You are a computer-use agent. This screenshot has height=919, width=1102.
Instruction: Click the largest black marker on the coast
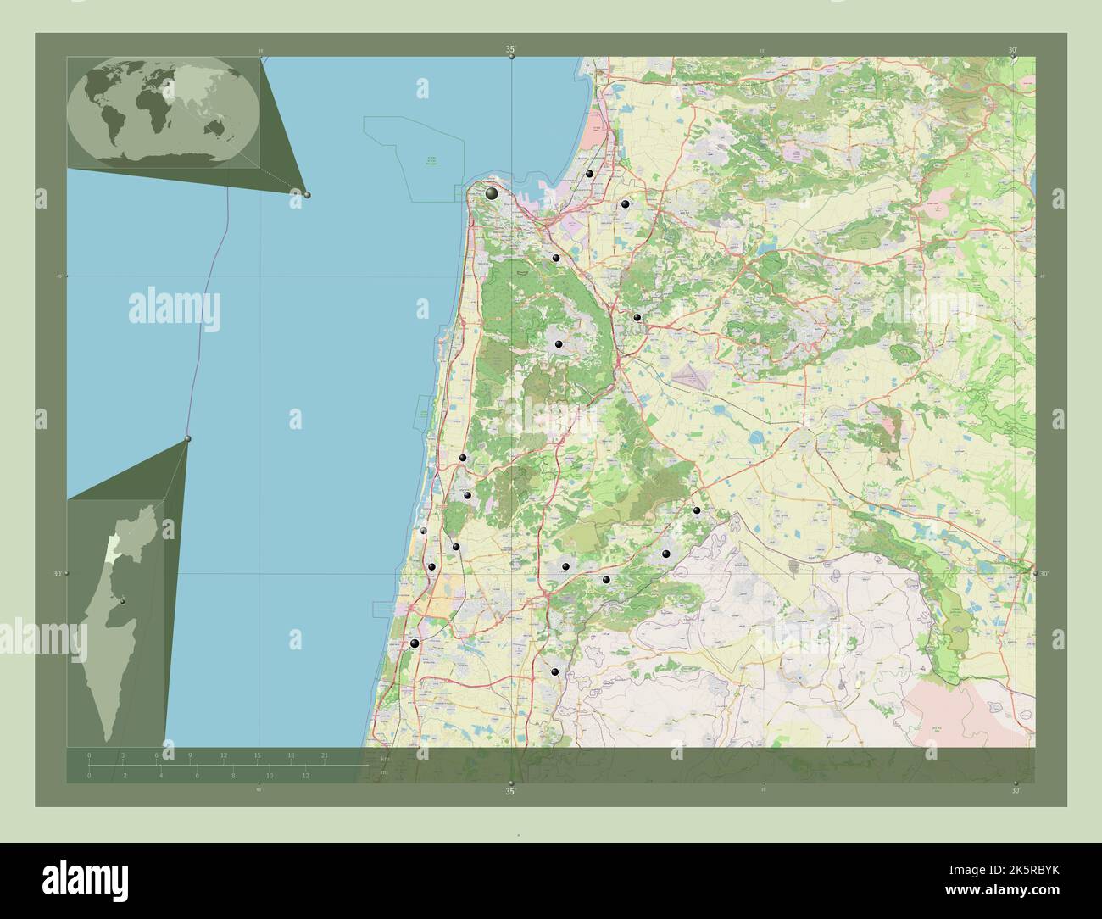coord(492,194)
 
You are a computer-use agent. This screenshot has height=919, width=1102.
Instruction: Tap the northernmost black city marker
coord(589,174)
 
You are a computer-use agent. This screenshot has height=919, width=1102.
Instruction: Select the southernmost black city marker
coord(554,672)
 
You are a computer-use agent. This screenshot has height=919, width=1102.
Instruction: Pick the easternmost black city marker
coord(697,510)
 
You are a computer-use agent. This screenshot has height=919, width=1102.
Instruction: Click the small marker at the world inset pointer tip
coord(307,195)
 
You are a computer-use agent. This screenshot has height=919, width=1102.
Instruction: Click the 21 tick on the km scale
coord(324,755)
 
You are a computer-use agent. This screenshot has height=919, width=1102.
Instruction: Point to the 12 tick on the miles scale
coord(305,775)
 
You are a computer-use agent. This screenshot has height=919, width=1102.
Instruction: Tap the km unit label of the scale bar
coord(386,758)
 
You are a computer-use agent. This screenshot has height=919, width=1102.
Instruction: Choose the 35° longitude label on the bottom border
coord(510,792)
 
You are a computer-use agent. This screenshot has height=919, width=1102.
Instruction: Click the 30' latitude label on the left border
coord(58,574)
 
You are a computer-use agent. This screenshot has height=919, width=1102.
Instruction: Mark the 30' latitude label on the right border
coord(1044,574)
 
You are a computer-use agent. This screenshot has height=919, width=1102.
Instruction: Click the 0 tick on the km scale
coord(89,755)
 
